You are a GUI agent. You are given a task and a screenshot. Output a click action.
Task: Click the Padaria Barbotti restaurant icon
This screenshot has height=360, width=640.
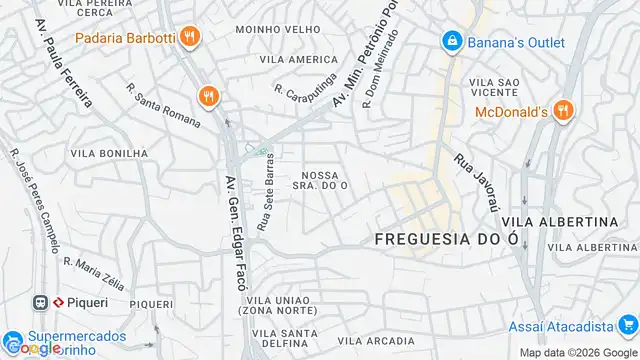(190, 39)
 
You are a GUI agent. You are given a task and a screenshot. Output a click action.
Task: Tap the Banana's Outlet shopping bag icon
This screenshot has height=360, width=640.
(452, 41)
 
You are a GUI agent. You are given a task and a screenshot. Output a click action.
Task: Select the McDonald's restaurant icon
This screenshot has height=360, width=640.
(563, 111)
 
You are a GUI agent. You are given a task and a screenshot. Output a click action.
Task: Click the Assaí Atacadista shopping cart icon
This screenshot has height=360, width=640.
(626, 326)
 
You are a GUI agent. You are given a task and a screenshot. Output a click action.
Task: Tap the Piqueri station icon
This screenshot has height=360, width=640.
(42, 300)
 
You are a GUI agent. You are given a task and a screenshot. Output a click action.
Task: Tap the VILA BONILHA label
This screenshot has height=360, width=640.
(109, 154)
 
